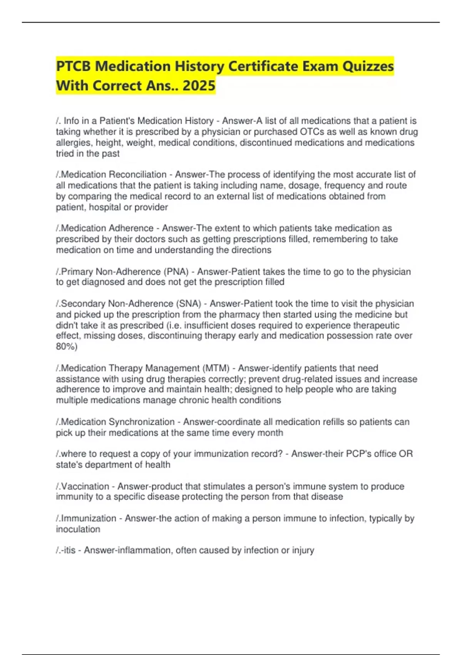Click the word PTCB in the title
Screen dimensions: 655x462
[73, 66]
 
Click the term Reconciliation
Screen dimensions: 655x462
[137, 175]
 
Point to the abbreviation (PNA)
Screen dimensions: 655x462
[176, 272]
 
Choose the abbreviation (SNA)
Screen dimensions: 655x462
[189, 304]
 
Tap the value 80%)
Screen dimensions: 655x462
[67, 346]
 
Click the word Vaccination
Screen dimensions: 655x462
[85, 486]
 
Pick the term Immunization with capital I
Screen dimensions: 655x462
[89, 518]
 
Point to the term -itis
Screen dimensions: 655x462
[68, 550]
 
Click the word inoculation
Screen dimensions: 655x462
[78, 529]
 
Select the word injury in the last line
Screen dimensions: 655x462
[303, 550]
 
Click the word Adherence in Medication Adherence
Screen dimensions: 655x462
[131, 228]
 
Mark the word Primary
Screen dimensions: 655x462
[77, 272]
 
